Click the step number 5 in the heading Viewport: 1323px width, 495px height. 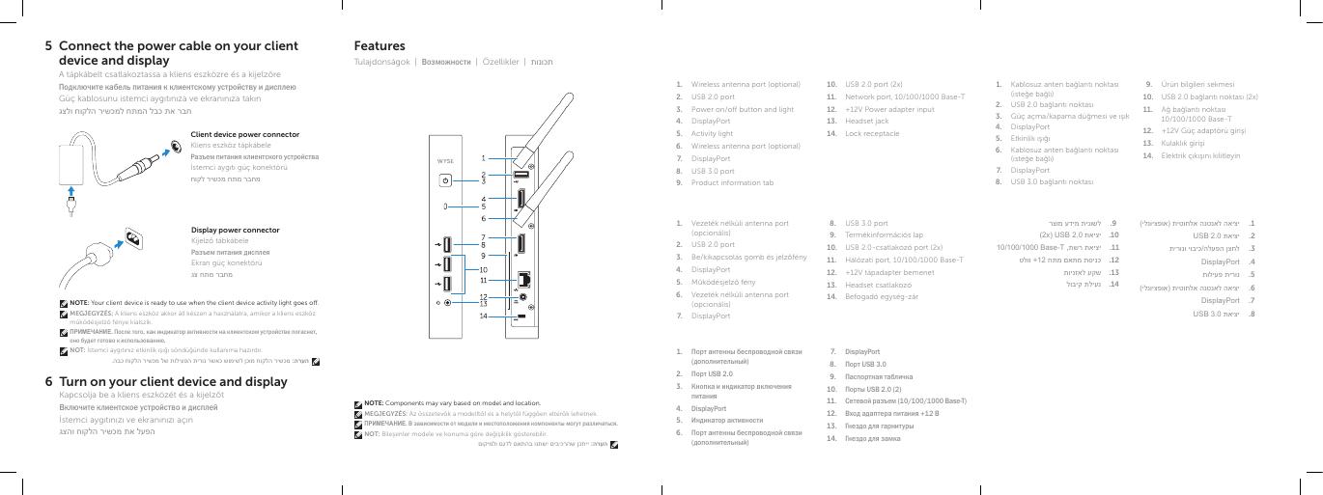pyautogui.click(x=49, y=46)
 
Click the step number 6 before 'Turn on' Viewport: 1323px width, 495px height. pyautogui.click(x=49, y=382)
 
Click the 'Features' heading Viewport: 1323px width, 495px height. pyautogui.click(x=380, y=46)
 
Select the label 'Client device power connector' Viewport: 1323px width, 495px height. pyautogui.click(x=245, y=134)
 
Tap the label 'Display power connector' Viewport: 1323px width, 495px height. pyautogui.click(x=235, y=230)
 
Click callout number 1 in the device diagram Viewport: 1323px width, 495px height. pyautogui.click(x=484, y=156)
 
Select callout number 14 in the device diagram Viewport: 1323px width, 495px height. pyautogui.click(x=484, y=316)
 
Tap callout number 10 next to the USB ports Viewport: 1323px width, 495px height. pyautogui.click(x=484, y=269)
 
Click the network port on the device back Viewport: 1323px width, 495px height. pyautogui.click(x=522, y=278)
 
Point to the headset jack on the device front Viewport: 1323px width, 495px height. pyautogui.click(x=446, y=302)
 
